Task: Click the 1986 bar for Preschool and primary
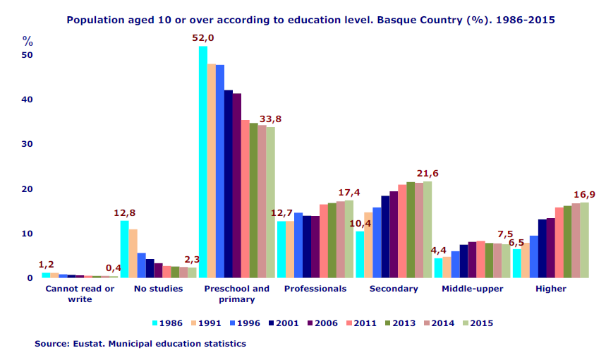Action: (x=203, y=162)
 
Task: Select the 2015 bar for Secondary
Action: (x=428, y=229)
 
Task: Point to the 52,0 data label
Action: (x=203, y=37)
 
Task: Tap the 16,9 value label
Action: (x=584, y=194)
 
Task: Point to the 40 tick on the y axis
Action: (x=28, y=100)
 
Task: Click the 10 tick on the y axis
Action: (x=28, y=234)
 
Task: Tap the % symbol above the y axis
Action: (x=28, y=41)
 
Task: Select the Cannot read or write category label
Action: (x=80, y=294)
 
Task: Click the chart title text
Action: (x=310, y=20)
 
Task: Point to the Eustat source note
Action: (x=140, y=344)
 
